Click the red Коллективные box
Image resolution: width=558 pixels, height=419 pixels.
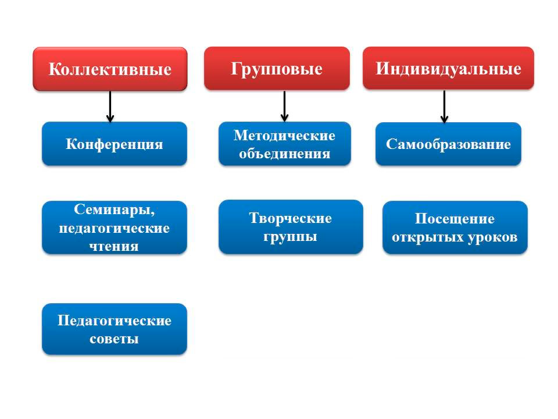click(x=110, y=69)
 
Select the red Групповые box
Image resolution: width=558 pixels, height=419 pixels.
click(x=277, y=68)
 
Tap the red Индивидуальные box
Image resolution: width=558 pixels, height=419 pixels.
click(x=448, y=68)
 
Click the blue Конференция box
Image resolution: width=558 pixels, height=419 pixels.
click(x=115, y=144)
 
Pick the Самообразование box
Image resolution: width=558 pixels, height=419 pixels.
click(x=448, y=144)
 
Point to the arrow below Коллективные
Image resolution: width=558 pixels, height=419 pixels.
click(x=110, y=106)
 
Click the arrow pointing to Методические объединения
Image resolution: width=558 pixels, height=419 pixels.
click(x=284, y=106)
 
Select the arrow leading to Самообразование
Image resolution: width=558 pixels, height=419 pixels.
click(x=444, y=106)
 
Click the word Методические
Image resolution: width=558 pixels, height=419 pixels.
click(x=284, y=136)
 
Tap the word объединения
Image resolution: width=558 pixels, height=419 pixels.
click(x=285, y=154)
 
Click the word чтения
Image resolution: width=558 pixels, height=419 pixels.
click(x=114, y=246)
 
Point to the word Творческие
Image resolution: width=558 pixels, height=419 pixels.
click(x=291, y=218)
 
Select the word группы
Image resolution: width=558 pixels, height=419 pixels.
click(x=291, y=237)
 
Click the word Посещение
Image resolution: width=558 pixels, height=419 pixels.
click(x=455, y=219)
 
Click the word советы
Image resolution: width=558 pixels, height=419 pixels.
click(x=115, y=339)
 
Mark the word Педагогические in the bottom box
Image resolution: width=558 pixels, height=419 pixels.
click(x=115, y=321)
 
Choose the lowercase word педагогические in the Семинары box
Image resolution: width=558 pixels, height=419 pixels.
click(x=115, y=228)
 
